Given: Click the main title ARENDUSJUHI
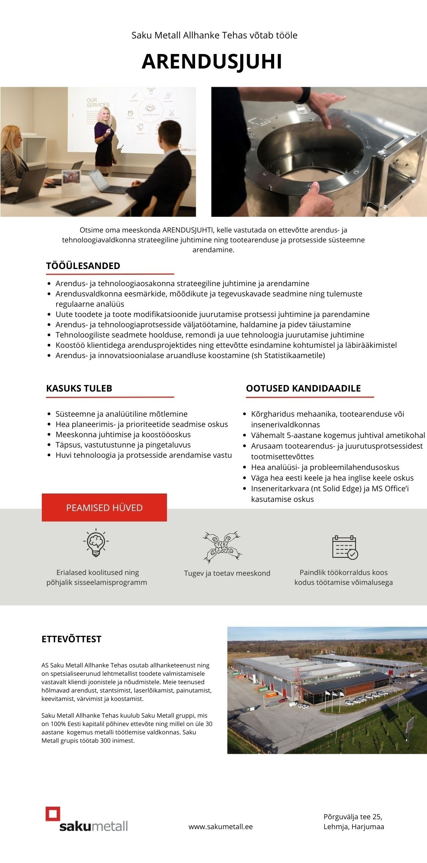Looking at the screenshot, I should click(x=212, y=62).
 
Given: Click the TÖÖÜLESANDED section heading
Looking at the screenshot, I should click(x=83, y=266).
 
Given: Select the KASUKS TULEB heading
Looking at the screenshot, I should click(x=79, y=388).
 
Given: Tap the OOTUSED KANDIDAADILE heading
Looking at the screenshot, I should click(x=303, y=388).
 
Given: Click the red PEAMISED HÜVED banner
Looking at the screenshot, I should click(x=104, y=508).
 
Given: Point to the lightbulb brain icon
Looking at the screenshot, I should click(x=96, y=543).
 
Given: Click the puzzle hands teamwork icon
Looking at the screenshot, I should click(x=222, y=547).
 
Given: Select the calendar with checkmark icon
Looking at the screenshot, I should click(x=345, y=547).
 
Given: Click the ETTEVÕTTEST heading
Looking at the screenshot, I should click(x=71, y=639).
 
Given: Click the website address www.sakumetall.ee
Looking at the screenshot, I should click(x=221, y=826).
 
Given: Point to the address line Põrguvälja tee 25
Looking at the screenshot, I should click(x=352, y=817).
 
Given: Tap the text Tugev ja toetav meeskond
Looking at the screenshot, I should click(x=227, y=573).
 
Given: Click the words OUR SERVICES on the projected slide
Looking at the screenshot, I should click(x=98, y=103).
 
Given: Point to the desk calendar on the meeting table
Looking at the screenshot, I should click(x=71, y=178).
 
